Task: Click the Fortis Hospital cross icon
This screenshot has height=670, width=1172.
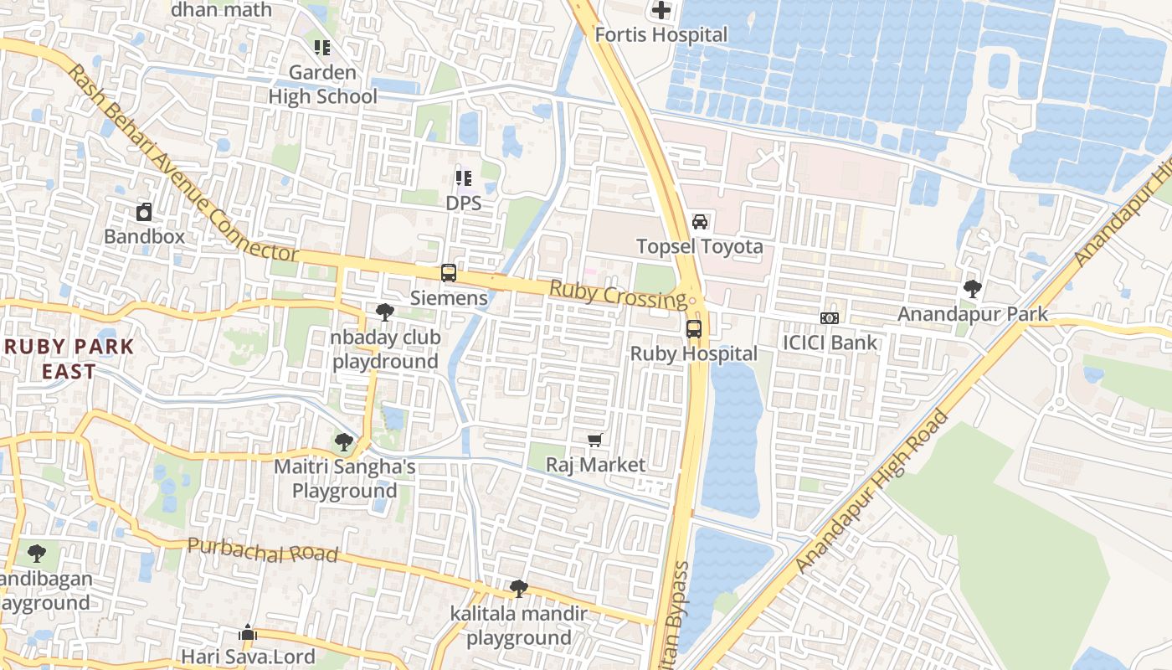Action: click(x=661, y=11)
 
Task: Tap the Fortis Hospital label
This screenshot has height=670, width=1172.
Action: click(x=661, y=35)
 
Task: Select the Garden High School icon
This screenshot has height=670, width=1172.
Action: click(x=322, y=48)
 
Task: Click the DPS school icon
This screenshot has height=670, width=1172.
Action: click(x=463, y=178)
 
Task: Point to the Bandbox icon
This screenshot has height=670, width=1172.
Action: click(x=144, y=212)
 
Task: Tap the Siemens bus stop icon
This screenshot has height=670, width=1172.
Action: click(x=449, y=273)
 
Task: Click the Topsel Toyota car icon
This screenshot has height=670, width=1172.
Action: click(x=700, y=222)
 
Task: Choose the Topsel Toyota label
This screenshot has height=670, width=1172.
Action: click(x=700, y=246)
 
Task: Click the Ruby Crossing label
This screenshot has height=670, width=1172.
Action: click(x=618, y=294)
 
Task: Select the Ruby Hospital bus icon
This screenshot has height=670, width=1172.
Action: click(x=694, y=329)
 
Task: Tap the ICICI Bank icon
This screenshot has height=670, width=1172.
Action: click(x=830, y=318)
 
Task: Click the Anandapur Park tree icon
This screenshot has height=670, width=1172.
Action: click(x=973, y=290)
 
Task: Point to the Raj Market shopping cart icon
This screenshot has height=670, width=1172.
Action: click(x=595, y=441)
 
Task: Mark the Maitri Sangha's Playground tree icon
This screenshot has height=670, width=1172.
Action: click(x=343, y=442)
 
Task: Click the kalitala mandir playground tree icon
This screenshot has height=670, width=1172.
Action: click(x=518, y=589)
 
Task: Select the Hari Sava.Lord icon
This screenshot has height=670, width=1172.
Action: click(x=248, y=632)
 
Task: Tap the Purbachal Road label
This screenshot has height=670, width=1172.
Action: click(x=263, y=551)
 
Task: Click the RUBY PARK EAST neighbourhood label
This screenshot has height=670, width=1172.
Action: click(x=69, y=358)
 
